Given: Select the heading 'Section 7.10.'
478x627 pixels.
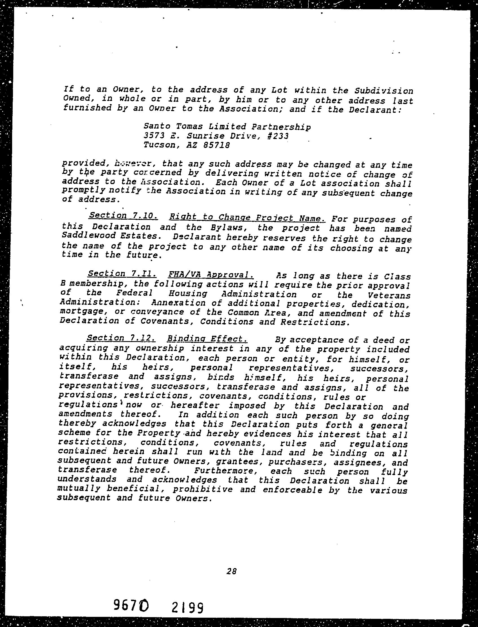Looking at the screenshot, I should pos(123,215).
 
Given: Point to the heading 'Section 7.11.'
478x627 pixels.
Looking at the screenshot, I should pos(122,273).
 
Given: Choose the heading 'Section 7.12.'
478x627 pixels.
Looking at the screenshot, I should pos(121,338).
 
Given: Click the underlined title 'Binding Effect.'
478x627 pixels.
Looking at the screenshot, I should pos(207,339).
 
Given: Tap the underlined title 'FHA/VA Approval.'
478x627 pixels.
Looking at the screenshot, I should pos(211,274).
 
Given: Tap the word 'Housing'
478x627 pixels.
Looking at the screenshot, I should pos(187,293).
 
